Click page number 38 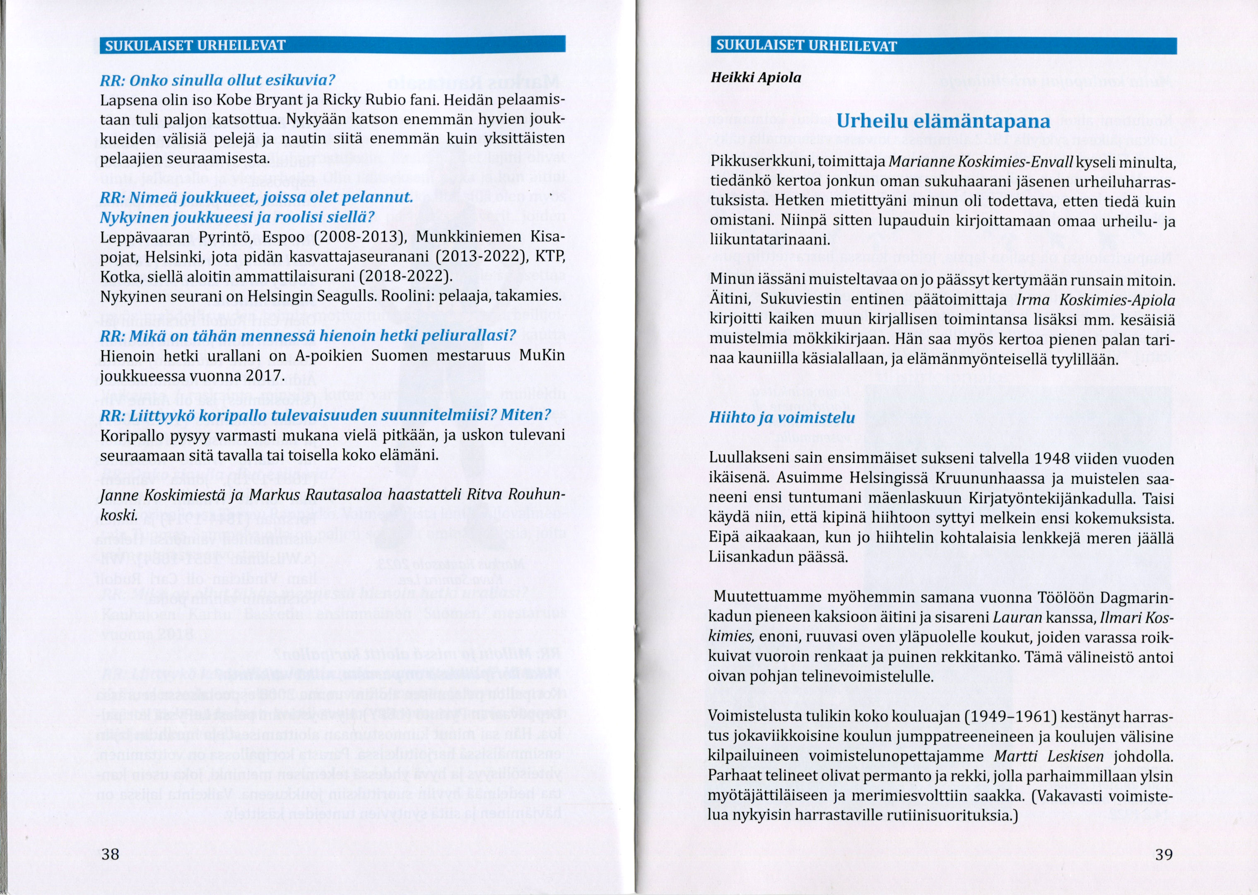[x=110, y=854]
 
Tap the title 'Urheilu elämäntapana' [x=943, y=121]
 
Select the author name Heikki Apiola [x=755, y=78]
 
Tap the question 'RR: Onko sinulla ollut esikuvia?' [x=217, y=80]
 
